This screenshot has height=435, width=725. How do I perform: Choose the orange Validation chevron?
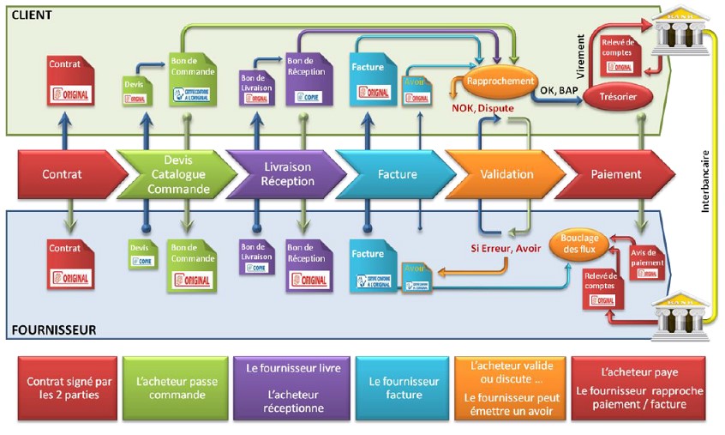click(506, 174)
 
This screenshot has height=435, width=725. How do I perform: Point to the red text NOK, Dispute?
click(485, 108)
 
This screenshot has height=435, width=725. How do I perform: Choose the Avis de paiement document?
click(646, 261)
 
